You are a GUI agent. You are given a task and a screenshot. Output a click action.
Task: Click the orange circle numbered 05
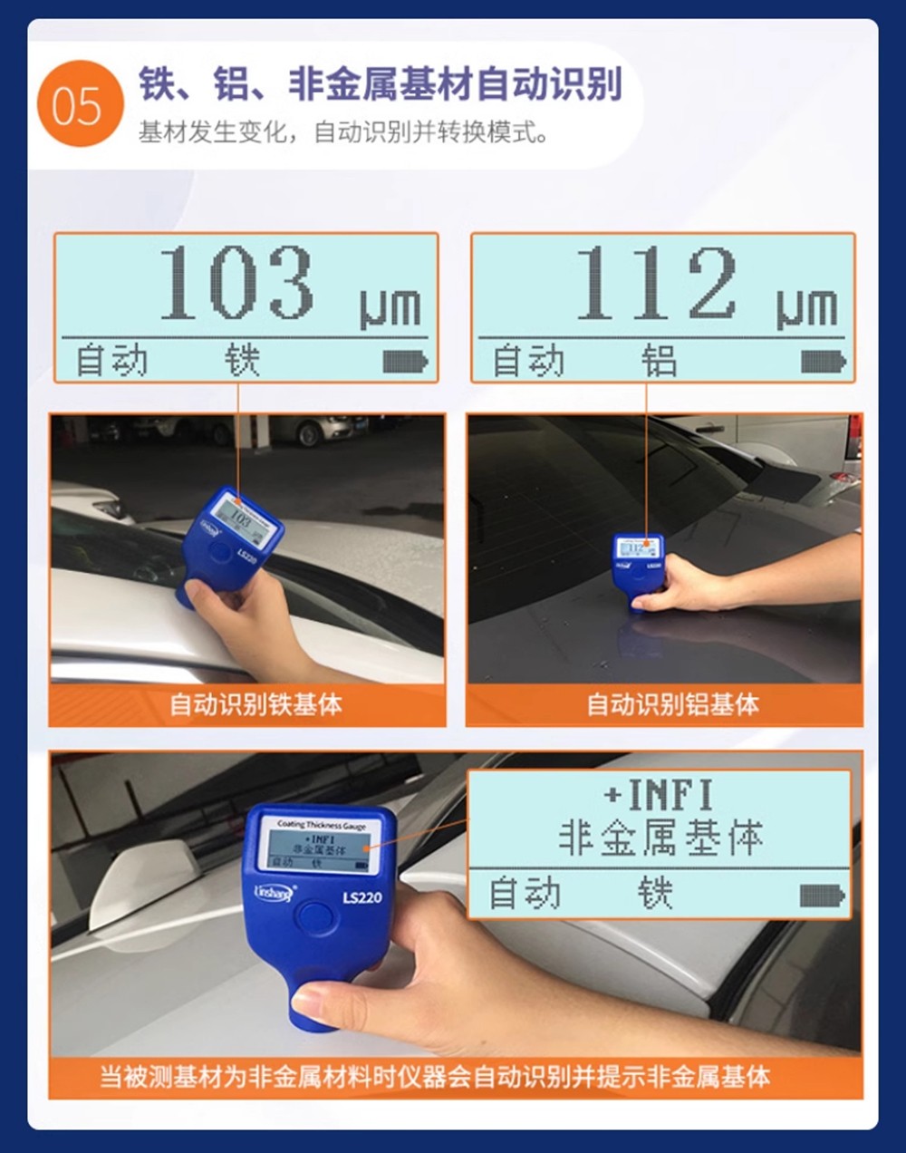[x=81, y=102]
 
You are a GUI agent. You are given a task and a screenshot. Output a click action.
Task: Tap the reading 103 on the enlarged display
[x=236, y=282]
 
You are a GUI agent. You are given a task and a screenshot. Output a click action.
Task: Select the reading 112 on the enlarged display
[x=657, y=282]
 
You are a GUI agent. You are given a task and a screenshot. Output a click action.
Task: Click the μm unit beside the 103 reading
[x=390, y=309]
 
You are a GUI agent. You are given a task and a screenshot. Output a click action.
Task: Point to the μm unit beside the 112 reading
[x=807, y=309]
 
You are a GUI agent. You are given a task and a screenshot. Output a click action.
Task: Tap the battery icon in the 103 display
[x=405, y=363]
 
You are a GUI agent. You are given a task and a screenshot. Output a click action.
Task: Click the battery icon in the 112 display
[x=824, y=363]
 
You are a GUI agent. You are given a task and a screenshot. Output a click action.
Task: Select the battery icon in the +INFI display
[x=823, y=896]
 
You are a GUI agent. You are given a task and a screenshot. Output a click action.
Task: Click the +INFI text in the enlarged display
[x=659, y=795]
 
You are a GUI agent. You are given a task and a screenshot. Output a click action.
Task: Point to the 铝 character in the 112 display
[x=660, y=360]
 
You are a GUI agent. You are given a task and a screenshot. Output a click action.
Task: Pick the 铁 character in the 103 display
[x=242, y=360]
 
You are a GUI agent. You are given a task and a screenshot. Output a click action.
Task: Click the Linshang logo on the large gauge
[x=275, y=893]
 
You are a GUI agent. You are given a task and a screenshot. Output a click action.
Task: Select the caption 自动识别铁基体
[x=256, y=704]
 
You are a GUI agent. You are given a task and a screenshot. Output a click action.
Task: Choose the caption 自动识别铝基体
[x=673, y=704]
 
